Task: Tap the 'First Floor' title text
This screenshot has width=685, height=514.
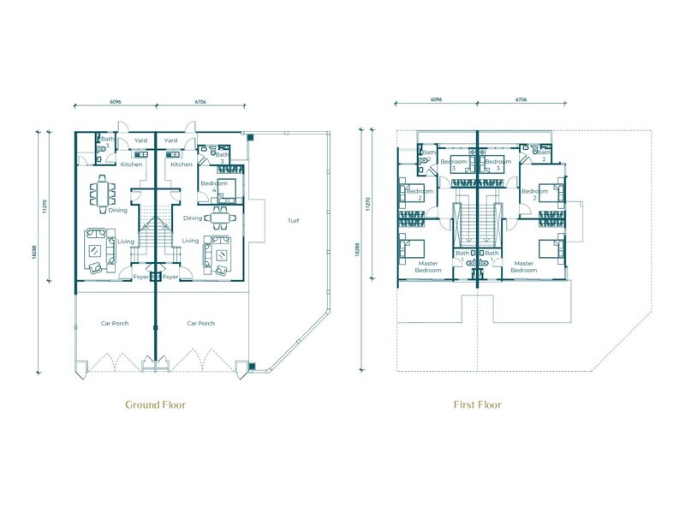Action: pyautogui.click(x=477, y=404)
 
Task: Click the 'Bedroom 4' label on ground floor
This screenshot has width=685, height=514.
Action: pyautogui.click(x=213, y=188)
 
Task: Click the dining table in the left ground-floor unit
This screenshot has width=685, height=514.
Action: pyautogui.click(x=104, y=194)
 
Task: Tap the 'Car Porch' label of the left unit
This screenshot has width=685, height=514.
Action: pyautogui.click(x=115, y=323)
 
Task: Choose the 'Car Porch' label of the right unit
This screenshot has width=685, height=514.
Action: pyautogui.click(x=200, y=323)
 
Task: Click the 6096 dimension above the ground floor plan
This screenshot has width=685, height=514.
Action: pyautogui.click(x=115, y=100)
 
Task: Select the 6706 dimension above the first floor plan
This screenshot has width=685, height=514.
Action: pyautogui.click(x=520, y=100)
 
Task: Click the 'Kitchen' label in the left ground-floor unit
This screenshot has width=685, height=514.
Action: pyautogui.click(x=131, y=164)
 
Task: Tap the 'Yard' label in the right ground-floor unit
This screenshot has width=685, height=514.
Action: pyautogui.click(x=170, y=140)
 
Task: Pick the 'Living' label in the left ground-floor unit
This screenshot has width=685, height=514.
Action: pyautogui.click(x=126, y=242)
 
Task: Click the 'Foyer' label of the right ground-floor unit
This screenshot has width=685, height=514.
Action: pyautogui.click(x=170, y=277)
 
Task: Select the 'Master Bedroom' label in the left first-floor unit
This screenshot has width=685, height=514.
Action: pyautogui.click(x=428, y=266)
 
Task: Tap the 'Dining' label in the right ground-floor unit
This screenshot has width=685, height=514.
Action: pyautogui.click(x=193, y=218)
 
